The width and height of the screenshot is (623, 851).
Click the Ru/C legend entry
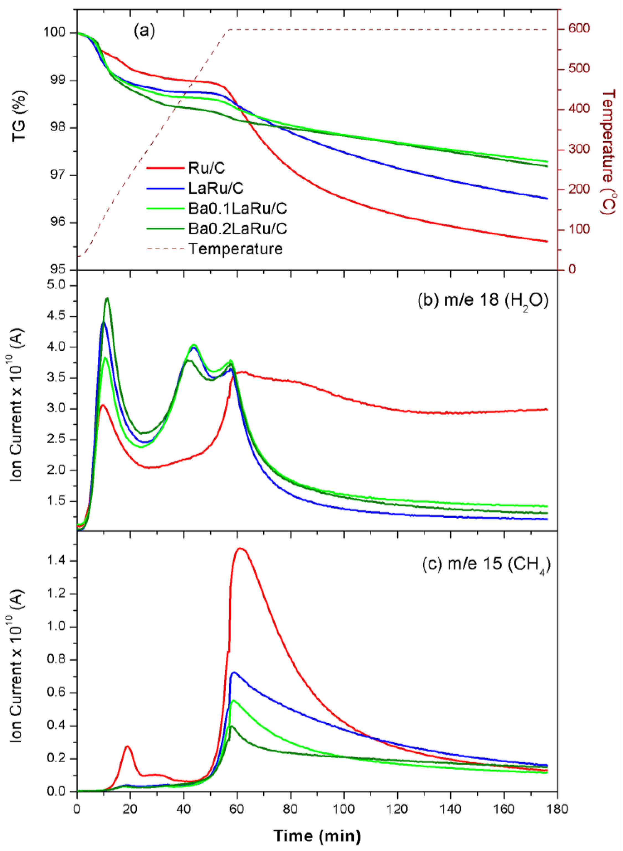coord(207,168)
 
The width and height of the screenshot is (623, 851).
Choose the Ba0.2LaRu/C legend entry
coord(238,229)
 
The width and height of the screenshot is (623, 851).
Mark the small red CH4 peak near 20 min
coord(128,746)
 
